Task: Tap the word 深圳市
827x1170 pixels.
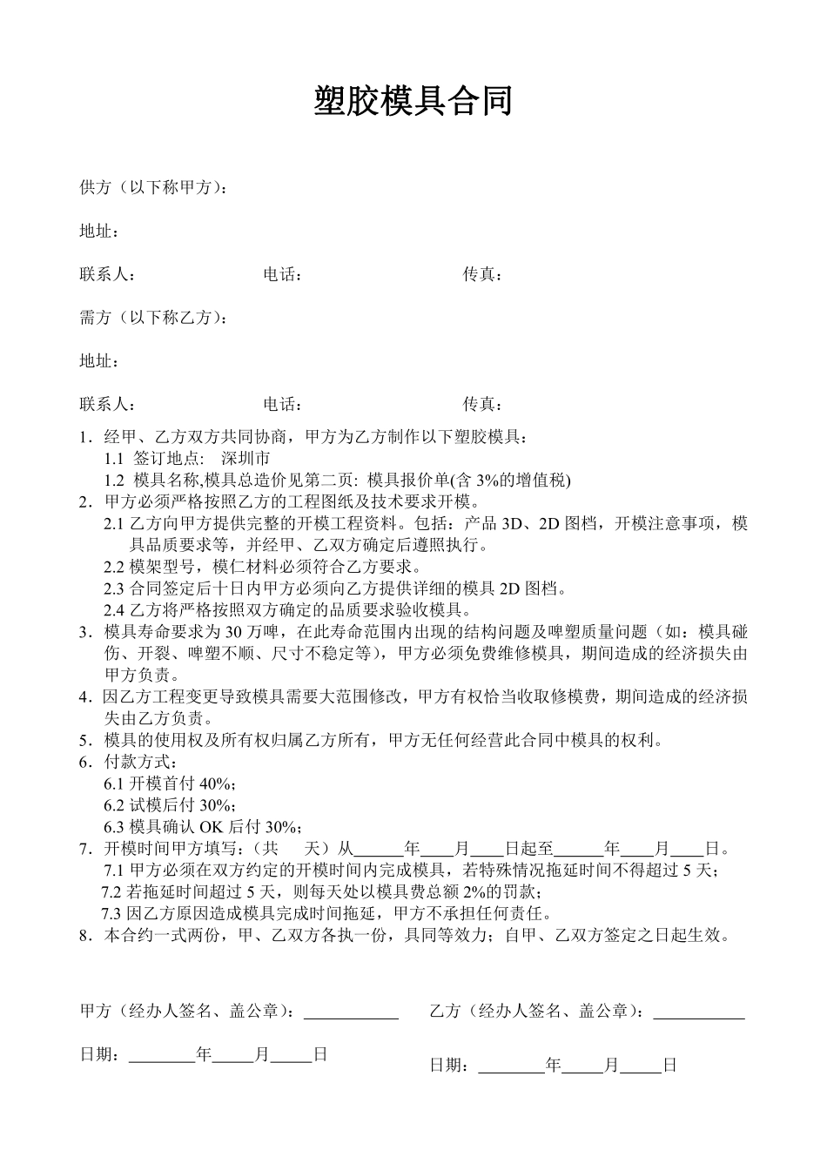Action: click(245, 459)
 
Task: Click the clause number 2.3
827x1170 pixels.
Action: click(114, 588)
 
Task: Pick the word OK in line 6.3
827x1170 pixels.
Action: click(212, 827)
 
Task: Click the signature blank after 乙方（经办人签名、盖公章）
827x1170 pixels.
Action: click(698, 1012)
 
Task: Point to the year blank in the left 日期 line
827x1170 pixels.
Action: click(162, 1056)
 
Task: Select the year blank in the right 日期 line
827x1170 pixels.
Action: click(512, 1066)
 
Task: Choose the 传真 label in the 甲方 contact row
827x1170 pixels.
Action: click(481, 275)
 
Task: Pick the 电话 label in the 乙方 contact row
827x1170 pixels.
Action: click(280, 404)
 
